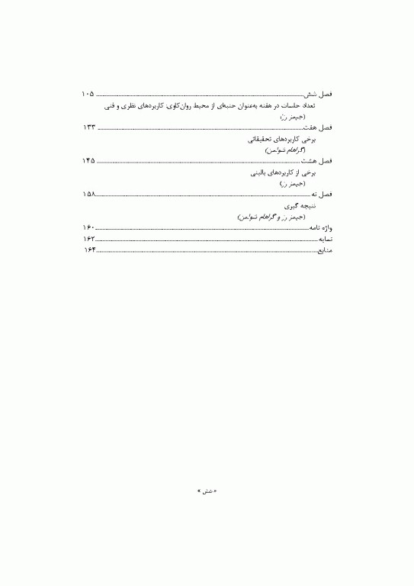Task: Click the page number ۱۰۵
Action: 88,94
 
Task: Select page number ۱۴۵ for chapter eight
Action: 88,162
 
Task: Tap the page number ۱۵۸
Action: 88,195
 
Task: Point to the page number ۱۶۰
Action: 88,228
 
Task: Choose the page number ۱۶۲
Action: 88,239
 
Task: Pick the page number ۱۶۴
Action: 88,250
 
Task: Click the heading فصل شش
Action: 319,94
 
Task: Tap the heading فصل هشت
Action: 318,162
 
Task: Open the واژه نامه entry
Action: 321,228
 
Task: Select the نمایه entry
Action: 326,239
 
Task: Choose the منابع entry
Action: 326,250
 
